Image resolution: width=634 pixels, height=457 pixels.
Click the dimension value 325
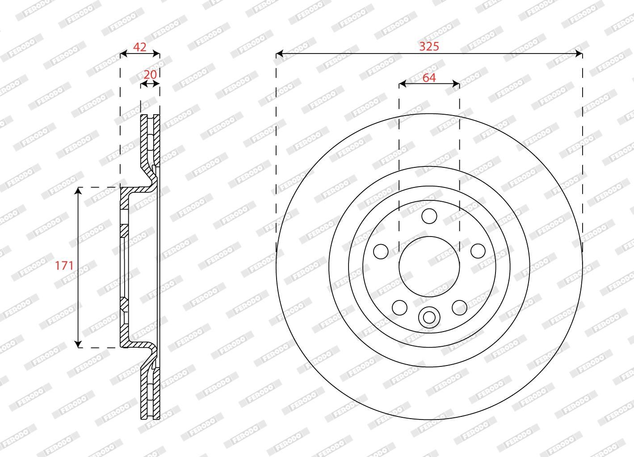[429, 46]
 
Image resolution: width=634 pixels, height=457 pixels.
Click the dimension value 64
[429, 78]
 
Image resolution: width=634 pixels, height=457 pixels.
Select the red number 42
[140, 47]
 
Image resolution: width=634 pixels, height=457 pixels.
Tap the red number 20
[150, 75]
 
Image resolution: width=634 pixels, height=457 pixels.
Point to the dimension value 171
[64, 266]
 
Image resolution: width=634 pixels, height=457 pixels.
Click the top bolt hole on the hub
[429, 216]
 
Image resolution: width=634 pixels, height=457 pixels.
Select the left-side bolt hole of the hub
[381, 251]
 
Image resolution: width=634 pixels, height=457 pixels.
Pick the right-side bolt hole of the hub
[478, 251]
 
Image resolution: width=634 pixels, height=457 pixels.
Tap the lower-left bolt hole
[399, 307]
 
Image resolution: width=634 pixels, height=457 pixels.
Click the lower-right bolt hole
[459, 307]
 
